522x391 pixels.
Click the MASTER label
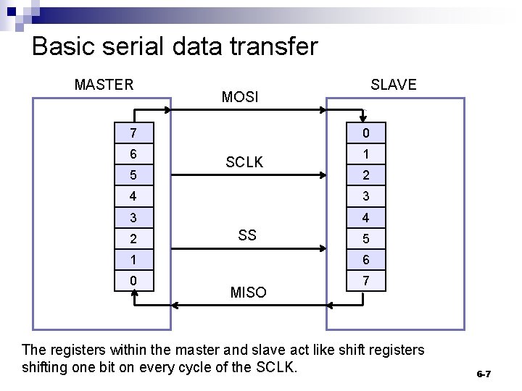(x=104, y=84)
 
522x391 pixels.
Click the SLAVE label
(x=394, y=84)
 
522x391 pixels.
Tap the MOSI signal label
(x=240, y=97)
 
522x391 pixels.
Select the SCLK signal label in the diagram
(x=244, y=163)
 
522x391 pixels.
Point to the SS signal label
(x=247, y=235)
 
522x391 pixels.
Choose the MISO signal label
(x=248, y=293)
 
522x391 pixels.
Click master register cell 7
(x=134, y=133)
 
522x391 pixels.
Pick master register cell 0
(x=134, y=280)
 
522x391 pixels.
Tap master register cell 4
(x=134, y=196)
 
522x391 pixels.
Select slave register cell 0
(x=366, y=133)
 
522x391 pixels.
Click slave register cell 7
(x=366, y=280)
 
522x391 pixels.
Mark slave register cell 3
(x=366, y=196)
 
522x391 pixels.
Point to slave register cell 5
(x=366, y=238)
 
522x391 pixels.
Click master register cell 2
(x=134, y=238)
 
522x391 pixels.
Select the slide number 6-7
(x=484, y=374)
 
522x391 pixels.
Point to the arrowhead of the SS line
(x=323, y=248)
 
